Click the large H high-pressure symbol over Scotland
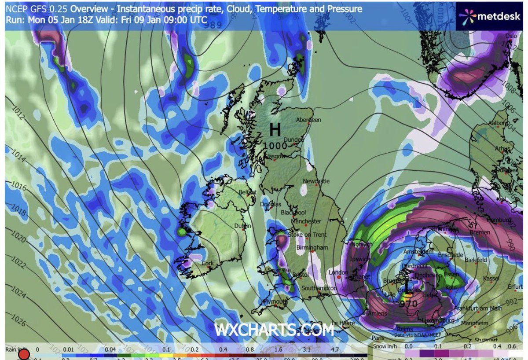pos(275,130)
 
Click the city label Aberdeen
pos(309,120)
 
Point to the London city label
pos(338,272)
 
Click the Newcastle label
pos(316,181)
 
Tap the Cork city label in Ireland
pos(208,263)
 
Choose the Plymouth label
pos(275,301)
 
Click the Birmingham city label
pos(312,248)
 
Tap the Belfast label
pos(247,192)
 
